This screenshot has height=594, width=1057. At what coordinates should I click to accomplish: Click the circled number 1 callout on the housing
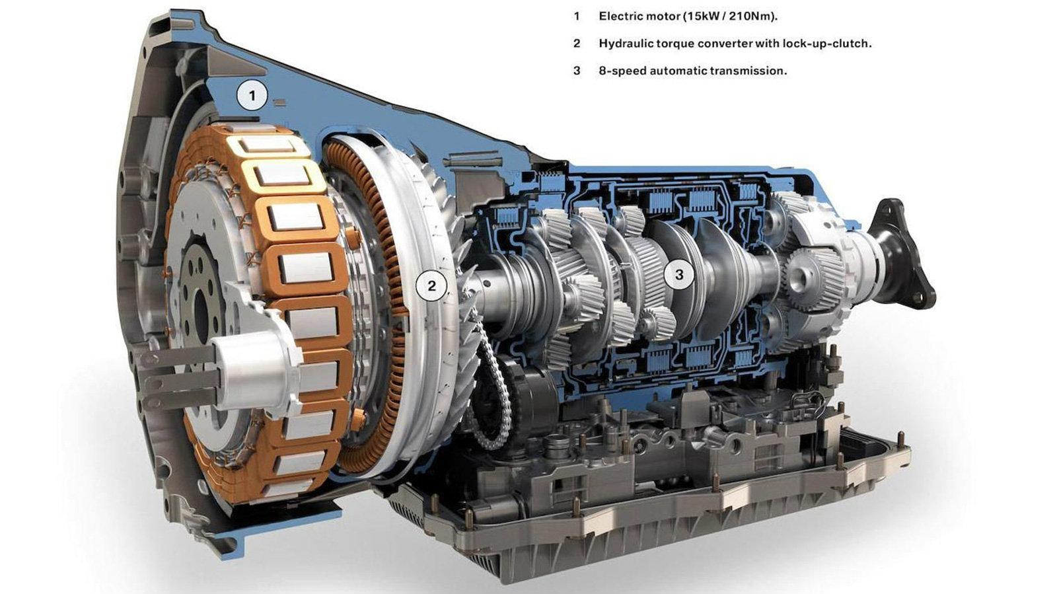252,96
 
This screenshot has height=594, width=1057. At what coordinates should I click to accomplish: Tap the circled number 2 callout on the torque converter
431,285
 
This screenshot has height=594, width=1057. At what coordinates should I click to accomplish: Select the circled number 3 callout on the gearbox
679,275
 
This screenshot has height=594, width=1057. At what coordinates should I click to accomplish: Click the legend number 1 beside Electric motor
577,17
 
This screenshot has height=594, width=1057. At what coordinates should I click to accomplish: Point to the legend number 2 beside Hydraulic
577,44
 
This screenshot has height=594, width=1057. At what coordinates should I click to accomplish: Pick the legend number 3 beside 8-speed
577,71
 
